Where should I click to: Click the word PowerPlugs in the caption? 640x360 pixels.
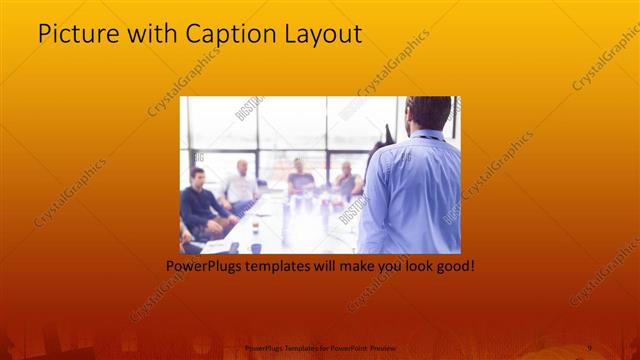point(204,267)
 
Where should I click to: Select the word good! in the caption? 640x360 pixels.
point(450,267)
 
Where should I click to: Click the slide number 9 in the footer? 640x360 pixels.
point(589,347)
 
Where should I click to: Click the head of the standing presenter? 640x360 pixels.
point(429,114)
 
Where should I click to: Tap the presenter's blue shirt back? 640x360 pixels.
point(414,190)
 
